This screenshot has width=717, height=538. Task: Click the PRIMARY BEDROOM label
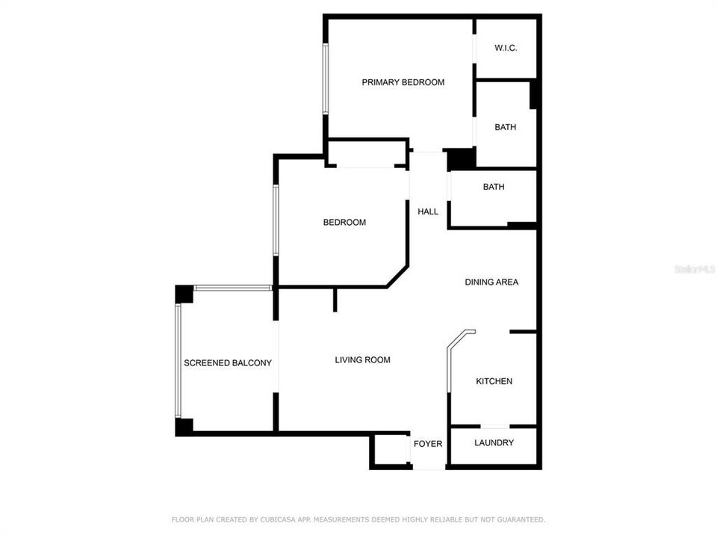403,82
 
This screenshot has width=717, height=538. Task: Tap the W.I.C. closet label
506,49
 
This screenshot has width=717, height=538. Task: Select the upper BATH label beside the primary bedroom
505,127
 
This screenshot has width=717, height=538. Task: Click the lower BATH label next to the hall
493,187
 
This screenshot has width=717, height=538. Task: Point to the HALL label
428,211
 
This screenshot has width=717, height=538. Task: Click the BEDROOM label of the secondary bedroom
344,222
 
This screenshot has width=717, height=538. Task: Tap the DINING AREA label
491,282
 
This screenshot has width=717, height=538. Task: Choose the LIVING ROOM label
362,360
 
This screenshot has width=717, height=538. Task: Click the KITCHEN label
494,381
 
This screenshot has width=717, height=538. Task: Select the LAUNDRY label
494,442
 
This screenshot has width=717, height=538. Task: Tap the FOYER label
428,444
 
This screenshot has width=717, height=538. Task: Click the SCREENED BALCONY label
228,363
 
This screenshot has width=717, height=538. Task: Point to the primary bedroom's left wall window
325,78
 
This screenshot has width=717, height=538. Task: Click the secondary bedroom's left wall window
276,220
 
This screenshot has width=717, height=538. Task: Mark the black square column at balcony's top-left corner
184,294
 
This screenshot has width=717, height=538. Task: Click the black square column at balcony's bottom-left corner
184,427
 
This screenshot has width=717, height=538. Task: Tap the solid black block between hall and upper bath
461,159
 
